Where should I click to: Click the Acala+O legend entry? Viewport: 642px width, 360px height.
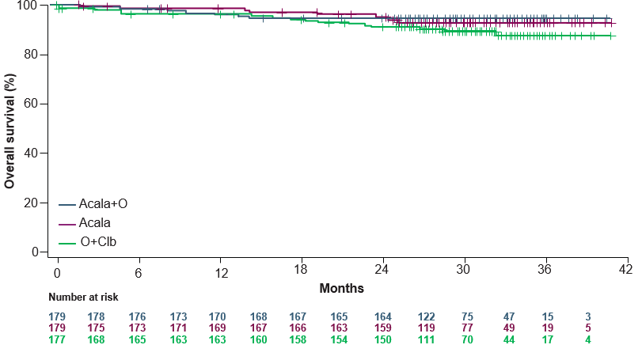pyautogui.click(x=93, y=203)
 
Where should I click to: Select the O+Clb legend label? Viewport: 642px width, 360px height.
pyautogui.click(x=98, y=242)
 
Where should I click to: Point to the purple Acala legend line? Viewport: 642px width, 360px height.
pyautogui.click(x=67, y=224)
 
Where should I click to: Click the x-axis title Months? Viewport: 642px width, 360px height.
pyautogui.click(x=341, y=289)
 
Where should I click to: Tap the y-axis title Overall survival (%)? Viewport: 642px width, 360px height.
pyautogui.click(x=9, y=131)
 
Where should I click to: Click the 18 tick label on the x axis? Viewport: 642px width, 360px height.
pyautogui.click(x=301, y=270)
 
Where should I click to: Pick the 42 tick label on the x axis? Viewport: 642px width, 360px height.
pyautogui.click(x=625, y=270)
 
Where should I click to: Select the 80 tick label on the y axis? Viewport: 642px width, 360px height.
pyautogui.click(x=31, y=55)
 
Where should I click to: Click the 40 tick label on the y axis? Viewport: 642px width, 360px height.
pyautogui.click(x=31, y=153)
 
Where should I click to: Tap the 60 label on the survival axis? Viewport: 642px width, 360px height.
pyautogui.click(x=31, y=104)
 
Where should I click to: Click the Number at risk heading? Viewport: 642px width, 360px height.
pyautogui.click(x=83, y=297)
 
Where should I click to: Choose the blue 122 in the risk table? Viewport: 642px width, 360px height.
pyautogui.click(x=426, y=317)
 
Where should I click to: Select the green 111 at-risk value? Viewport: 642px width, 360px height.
pyautogui.click(x=426, y=340)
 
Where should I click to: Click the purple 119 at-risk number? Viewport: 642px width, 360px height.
pyautogui.click(x=426, y=328)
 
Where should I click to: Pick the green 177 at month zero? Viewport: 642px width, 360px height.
pyautogui.click(x=57, y=340)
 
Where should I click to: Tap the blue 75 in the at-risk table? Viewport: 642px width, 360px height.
pyautogui.click(x=467, y=317)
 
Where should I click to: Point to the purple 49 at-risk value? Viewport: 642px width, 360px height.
pyautogui.click(x=509, y=328)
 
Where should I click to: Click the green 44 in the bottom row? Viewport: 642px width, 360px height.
pyautogui.click(x=509, y=340)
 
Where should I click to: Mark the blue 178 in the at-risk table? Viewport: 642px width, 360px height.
pyautogui.click(x=96, y=317)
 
